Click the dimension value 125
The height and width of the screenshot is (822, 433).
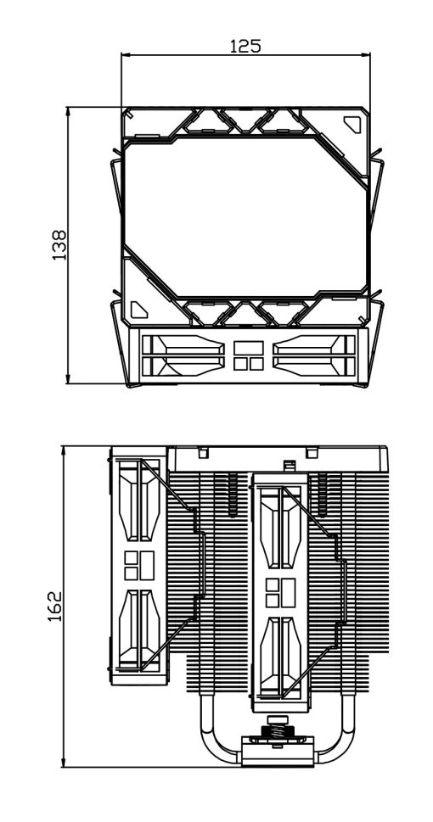(245, 46)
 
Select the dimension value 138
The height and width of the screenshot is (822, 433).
(59, 245)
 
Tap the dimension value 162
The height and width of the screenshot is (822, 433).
(54, 607)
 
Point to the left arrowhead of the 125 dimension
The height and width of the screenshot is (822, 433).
(125, 54)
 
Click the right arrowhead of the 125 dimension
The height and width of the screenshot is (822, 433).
(366, 54)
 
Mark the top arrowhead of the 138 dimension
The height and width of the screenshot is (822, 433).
(68, 111)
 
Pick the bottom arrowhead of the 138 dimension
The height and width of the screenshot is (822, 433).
(68, 379)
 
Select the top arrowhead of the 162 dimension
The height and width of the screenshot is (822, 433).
(64, 450)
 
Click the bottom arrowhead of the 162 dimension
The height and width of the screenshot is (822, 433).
(64, 763)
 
